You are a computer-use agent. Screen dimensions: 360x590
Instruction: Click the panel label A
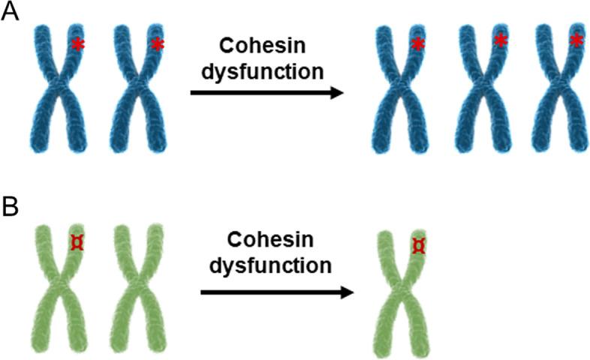click(11, 14)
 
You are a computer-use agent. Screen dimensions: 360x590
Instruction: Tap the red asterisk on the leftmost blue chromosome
click(78, 46)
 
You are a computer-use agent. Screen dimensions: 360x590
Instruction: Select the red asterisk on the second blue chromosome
click(157, 45)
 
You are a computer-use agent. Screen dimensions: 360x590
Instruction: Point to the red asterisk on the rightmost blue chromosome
click(576, 40)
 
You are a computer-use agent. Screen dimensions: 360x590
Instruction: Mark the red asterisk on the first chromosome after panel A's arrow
click(418, 46)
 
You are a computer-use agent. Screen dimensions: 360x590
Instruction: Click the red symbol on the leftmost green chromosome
click(77, 241)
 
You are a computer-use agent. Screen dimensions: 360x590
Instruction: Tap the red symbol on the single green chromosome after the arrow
click(419, 246)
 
